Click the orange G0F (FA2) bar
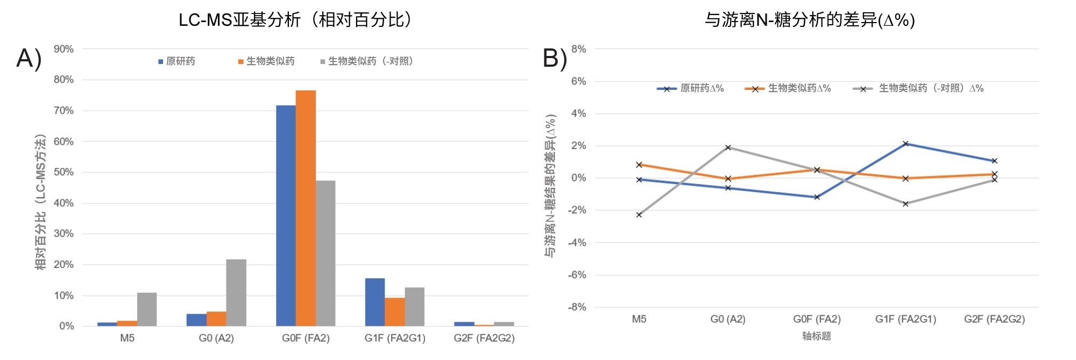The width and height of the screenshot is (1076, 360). (306, 208)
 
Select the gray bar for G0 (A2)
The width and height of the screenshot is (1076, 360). (236, 293)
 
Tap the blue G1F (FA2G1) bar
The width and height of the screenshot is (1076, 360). (375, 302)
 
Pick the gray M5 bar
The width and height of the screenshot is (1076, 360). (147, 309)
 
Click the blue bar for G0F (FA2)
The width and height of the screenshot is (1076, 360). (286, 215)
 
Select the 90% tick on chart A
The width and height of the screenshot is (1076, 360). (63, 49)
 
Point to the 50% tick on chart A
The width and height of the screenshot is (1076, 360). (63, 172)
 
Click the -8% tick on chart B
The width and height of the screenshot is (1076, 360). (578, 307)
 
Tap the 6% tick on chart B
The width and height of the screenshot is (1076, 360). (579, 81)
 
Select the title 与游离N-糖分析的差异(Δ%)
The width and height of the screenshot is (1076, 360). (810, 20)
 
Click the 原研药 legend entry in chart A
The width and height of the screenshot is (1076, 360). (177, 61)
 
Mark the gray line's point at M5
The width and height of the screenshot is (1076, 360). (639, 215)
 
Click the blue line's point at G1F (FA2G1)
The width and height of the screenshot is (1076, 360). (906, 144)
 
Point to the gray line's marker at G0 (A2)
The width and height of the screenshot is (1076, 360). (728, 147)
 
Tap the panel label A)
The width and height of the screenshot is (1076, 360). (29, 58)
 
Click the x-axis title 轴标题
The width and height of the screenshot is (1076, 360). (816, 336)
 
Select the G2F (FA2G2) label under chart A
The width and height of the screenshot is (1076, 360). (484, 338)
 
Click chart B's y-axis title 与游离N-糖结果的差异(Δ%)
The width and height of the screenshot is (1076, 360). (550, 186)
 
